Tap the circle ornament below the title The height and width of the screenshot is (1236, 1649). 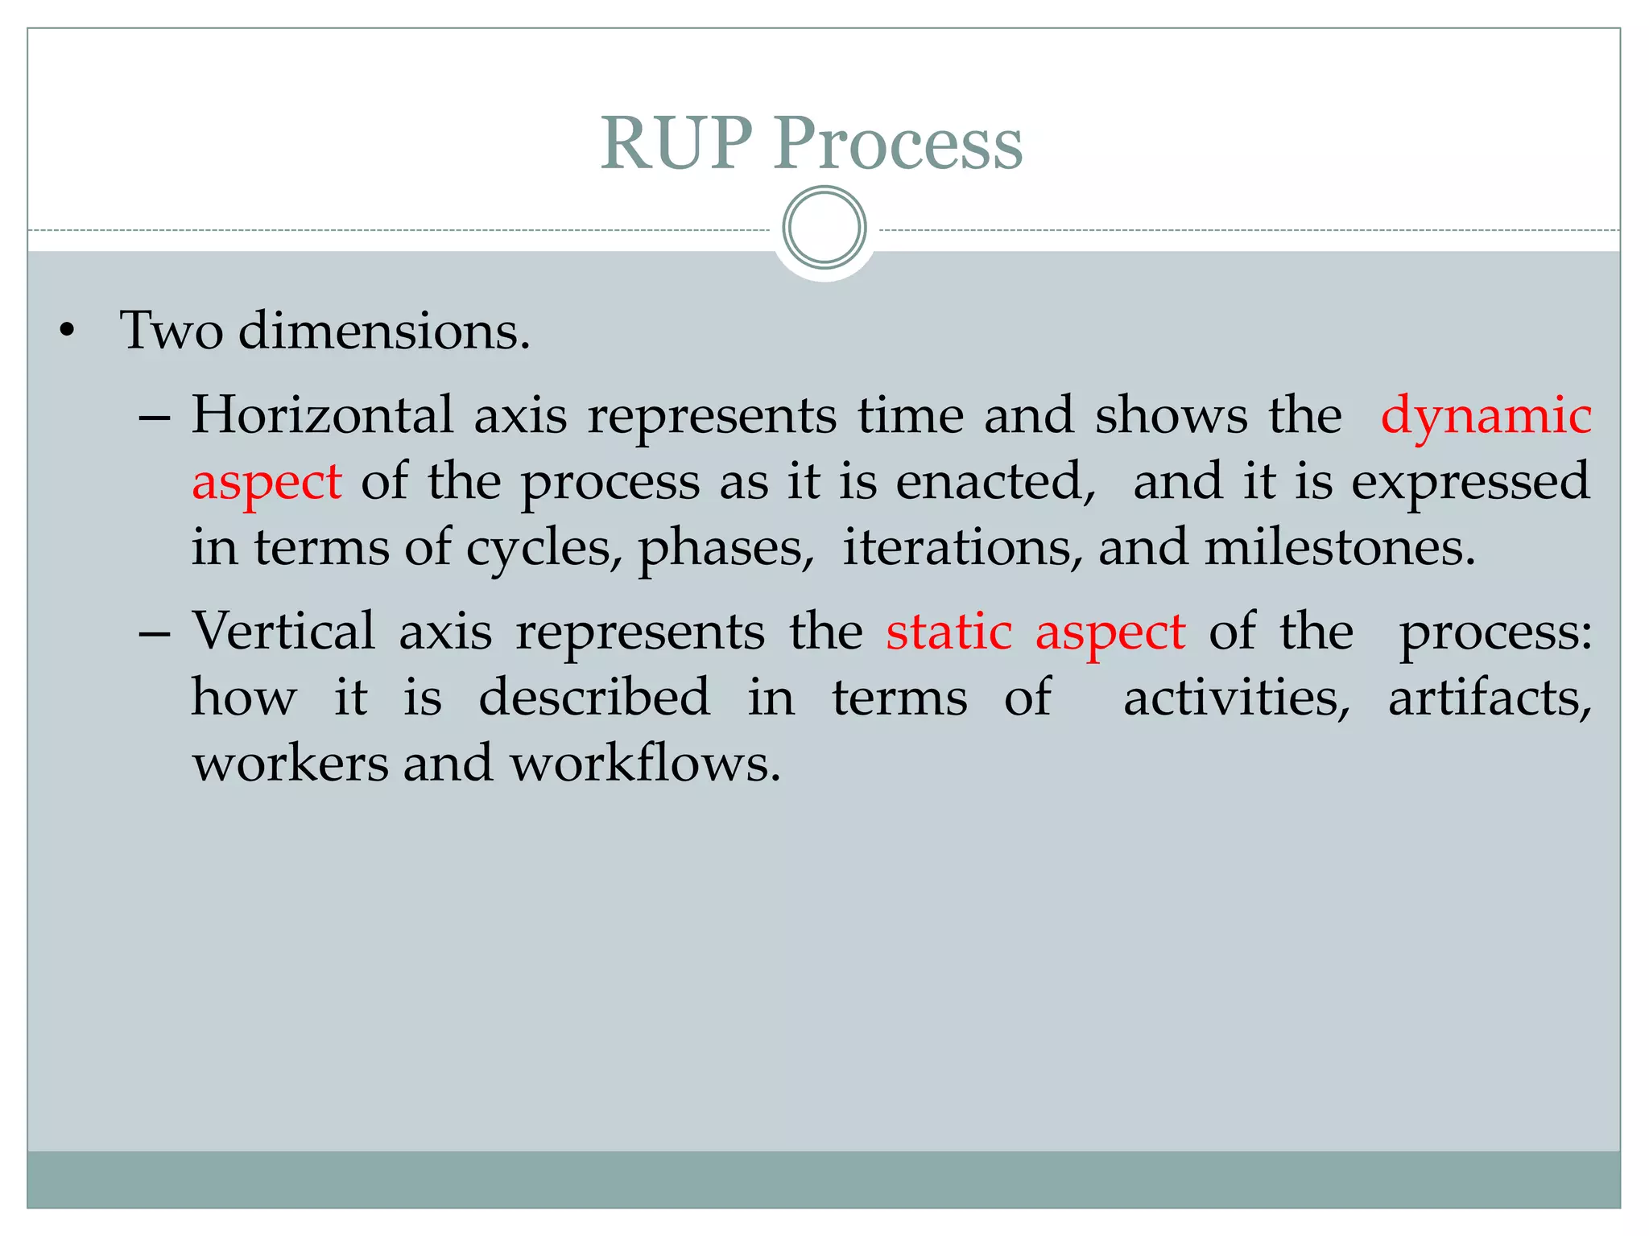(824, 227)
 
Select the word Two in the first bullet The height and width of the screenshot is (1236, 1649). (171, 330)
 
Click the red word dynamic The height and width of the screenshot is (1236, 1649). (1486, 417)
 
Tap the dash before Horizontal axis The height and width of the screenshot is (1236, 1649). (154, 419)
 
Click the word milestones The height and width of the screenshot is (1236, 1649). (1340, 547)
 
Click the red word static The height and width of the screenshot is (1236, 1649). (948, 631)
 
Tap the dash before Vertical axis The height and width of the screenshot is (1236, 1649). (154, 634)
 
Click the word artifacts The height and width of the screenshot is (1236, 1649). (1490, 697)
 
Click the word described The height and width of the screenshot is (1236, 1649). (594, 697)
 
